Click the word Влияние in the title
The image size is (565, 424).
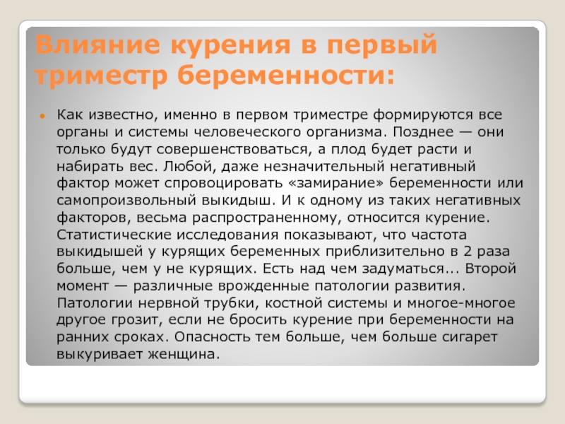point(97,45)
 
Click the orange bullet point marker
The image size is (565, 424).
point(42,116)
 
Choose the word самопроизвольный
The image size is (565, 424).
point(126,201)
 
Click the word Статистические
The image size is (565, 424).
point(114,235)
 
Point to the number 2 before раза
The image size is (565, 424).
point(468,252)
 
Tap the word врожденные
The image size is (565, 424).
point(263,286)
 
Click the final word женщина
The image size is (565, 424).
point(184,355)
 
